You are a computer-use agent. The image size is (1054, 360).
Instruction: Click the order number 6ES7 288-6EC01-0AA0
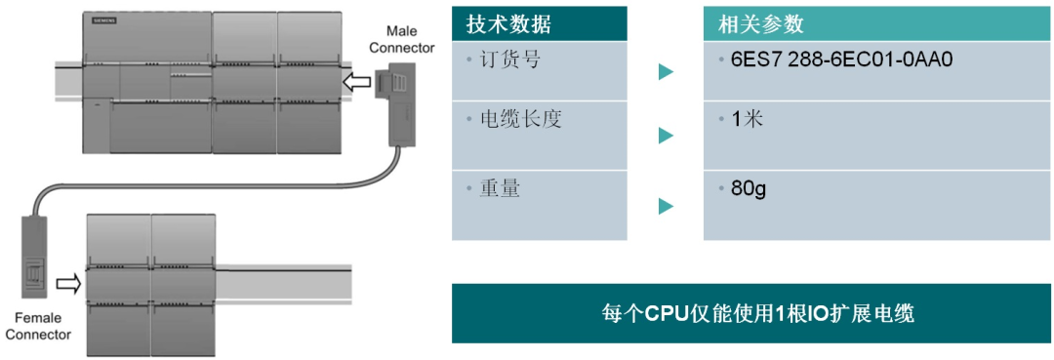(840, 60)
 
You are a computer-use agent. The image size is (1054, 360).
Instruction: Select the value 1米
(747, 120)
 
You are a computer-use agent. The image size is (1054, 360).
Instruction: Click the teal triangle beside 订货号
(666, 71)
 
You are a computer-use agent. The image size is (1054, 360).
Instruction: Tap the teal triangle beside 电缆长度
(666, 135)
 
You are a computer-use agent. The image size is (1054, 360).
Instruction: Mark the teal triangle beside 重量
(666, 206)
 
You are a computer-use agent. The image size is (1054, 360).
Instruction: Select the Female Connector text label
(38, 326)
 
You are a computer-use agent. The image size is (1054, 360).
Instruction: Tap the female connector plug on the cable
(35, 258)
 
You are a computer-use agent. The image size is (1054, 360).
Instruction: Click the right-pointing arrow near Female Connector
(67, 284)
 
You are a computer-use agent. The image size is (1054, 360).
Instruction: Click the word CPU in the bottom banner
(668, 314)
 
